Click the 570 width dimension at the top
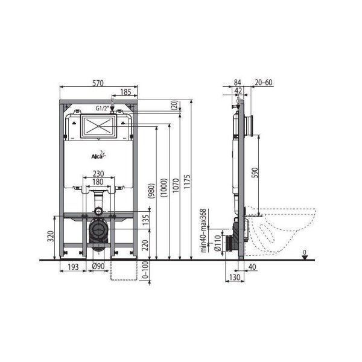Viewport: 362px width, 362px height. pyautogui.click(x=100, y=82)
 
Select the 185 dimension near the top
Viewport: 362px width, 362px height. pyautogui.click(x=125, y=93)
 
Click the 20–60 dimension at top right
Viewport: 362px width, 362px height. pyautogui.click(x=262, y=83)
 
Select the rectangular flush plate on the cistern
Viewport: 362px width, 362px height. pyautogui.click(x=98, y=127)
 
